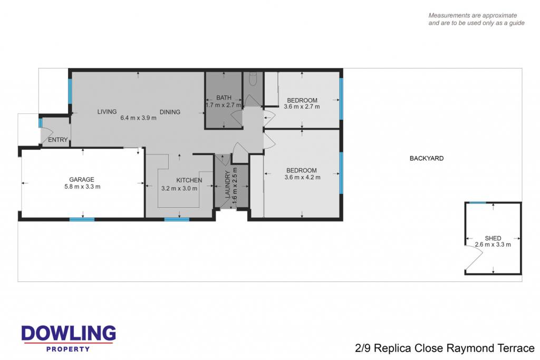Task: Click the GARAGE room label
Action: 82,179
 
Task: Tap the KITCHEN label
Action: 189,180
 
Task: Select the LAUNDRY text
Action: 227,184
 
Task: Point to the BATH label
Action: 224,98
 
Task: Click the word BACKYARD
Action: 426,158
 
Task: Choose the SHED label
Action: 493,238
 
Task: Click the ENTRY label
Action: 58,140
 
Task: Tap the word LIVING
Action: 107,112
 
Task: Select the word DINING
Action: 170,112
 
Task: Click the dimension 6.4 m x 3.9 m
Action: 138,118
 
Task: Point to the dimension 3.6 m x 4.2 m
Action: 302,177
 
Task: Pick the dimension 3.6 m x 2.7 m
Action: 302,106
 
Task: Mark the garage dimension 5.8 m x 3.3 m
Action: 82,187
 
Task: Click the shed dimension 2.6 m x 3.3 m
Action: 493,245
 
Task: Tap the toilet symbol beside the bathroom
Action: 253,79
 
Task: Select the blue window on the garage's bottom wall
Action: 82,219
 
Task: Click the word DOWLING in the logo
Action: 69,333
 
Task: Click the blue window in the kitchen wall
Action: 177,219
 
